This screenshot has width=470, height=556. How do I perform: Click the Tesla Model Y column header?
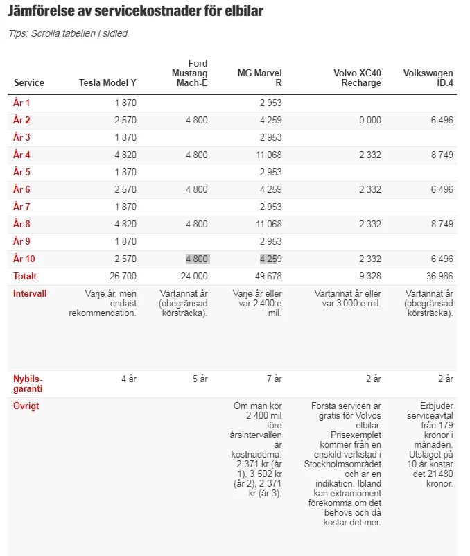107,83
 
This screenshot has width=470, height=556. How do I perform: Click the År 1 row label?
21,103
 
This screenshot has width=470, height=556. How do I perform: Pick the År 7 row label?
21,207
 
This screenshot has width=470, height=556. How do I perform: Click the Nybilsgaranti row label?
28,383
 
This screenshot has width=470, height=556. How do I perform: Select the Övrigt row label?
26,406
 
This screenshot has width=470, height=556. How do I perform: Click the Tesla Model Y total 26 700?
123,276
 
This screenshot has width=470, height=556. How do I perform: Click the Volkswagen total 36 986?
439,276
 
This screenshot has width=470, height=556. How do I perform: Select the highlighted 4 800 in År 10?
197,259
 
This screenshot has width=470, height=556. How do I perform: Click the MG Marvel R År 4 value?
268,155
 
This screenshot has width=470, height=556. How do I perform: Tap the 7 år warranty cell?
274,379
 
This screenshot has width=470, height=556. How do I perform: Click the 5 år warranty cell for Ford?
200,379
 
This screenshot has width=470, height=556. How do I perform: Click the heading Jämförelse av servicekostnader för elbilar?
136,12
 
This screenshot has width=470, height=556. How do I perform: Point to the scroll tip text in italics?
69,33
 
